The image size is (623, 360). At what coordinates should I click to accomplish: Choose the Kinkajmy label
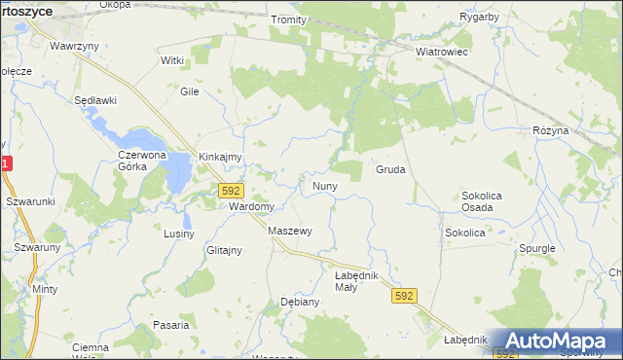click(x=220, y=156)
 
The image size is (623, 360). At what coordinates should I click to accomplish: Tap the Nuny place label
click(x=324, y=185)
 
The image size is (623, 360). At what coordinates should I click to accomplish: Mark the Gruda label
click(x=390, y=169)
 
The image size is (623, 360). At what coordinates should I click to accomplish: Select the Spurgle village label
click(x=537, y=248)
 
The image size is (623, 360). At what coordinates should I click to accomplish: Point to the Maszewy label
click(x=289, y=231)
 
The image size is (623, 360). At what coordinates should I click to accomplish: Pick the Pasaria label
click(x=170, y=325)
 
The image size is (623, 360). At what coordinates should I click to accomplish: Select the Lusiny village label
click(x=179, y=234)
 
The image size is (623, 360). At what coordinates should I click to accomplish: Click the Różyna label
click(x=563, y=129)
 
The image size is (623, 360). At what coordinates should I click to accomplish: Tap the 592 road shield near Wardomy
click(x=231, y=191)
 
